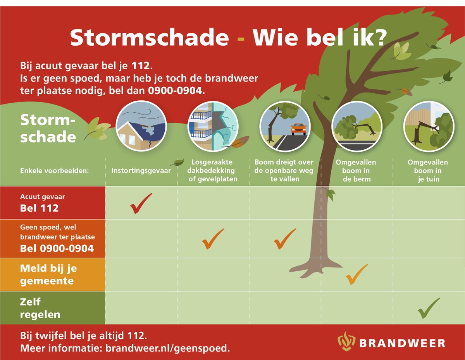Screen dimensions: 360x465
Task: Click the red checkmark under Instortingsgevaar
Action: pos(141,204)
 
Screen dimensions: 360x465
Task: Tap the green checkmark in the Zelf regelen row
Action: pos(428,308)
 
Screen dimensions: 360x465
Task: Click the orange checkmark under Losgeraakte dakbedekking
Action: pos(213,239)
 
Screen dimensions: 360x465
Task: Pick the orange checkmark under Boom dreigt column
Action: pos(285,239)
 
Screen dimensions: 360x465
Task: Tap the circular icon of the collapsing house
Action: pos(141,126)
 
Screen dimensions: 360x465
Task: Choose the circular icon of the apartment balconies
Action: pos(213,126)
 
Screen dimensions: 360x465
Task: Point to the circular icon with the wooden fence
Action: pos(428,126)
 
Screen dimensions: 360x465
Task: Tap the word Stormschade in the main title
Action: pos(149,38)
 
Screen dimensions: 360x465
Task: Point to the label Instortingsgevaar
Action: pos(141,170)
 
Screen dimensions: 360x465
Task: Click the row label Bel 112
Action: pos(39,208)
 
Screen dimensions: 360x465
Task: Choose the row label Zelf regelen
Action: pos(40,308)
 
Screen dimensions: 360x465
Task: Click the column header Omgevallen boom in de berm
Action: pos(356,170)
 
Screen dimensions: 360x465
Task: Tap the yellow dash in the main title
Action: pos(241,39)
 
